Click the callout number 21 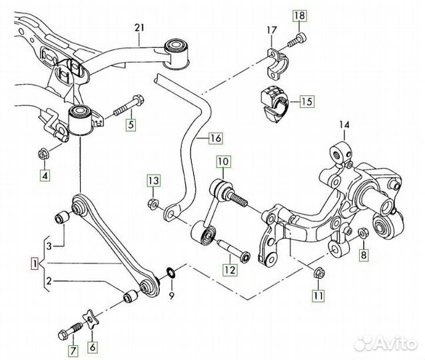(x=139, y=27)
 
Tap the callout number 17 (x=271, y=29)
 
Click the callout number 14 (x=344, y=124)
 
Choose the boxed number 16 (x=215, y=139)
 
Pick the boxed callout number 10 (x=222, y=161)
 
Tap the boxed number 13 (x=154, y=181)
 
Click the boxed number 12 (x=229, y=270)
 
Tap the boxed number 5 (x=131, y=123)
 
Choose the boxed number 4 (x=45, y=176)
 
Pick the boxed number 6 (x=93, y=346)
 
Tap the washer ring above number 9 (x=170, y=271)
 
